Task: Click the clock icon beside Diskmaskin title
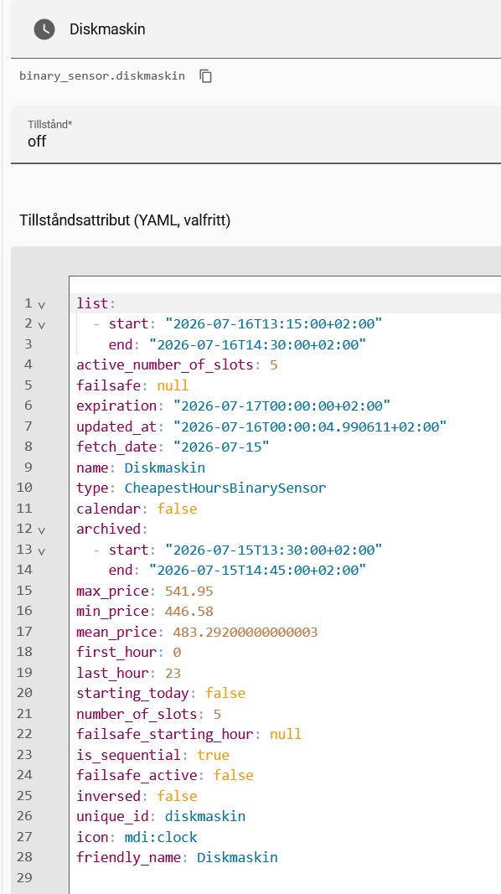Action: (x=44, y=29)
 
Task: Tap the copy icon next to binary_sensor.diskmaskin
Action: (x=206, y=76)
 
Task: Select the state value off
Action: (x=37, y=142)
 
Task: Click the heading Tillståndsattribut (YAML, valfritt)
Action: (x=125, y=220)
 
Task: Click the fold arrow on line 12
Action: (x=41, y=530)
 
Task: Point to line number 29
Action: (x=24, y=877)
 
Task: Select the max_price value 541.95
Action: (x=189, y=591)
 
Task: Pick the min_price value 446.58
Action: (x=189, y=611)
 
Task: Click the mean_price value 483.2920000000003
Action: (x=241, y=632)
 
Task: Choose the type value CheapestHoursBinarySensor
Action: (x=225, y=488)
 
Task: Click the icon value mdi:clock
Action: (x=161, y=837)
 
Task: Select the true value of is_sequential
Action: (x=213, y=755)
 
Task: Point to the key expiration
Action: (x=116, y=406)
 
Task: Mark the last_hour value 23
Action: (x=173, y=673)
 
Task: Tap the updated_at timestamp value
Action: (x=310, y=426)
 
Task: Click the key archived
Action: (x=108, y=529)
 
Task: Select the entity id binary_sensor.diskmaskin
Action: (x=102, y=76)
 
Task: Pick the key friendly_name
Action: (x=132, y=857)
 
